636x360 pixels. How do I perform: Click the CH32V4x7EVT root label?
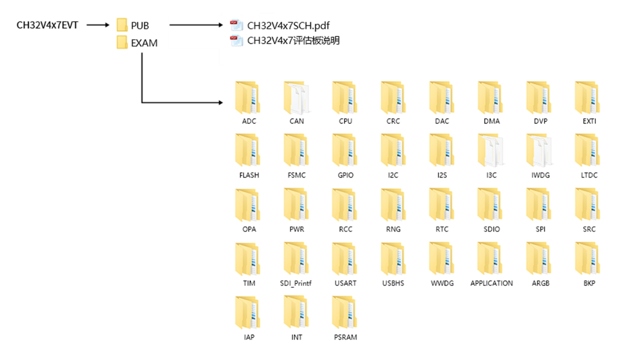coord(47,25)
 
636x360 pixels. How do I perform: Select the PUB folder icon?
coord(122,25)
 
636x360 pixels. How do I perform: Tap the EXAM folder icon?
coord(122,42)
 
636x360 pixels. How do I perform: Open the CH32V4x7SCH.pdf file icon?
coord(236,25)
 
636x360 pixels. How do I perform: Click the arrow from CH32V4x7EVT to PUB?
coord(98,25)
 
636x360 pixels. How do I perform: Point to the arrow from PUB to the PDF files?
coord(196,25)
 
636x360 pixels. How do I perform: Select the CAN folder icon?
coord(296,98)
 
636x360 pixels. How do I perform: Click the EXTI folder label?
coord(589,121)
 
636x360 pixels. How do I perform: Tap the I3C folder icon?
coord(490,150)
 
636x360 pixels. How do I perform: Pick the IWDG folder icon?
coord(539,150)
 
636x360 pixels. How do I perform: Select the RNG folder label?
coord(393,229)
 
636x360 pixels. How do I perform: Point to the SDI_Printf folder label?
coord(296,283)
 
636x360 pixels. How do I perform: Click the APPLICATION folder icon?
coord(490,258)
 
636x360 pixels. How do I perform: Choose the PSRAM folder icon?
coord(345,312)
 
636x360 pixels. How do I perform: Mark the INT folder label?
coord(297,337)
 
